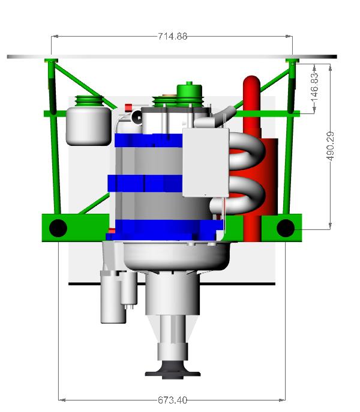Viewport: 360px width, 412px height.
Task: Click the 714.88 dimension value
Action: [x=173, y=36]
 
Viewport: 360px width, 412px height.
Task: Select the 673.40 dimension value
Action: [x=173, y=400]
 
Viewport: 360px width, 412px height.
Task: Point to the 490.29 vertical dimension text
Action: [x=331, y=146]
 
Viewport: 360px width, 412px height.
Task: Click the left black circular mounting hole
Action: [x=58, y=228]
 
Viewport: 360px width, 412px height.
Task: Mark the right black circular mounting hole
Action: [x=286, y=228]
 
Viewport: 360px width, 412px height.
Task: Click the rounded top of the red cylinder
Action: [x=251, y=82]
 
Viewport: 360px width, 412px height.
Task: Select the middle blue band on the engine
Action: [x=145, y=183]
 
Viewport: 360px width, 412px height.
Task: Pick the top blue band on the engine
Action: [x=149, y=141]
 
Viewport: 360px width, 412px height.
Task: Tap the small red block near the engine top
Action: [x=128, y=108]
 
